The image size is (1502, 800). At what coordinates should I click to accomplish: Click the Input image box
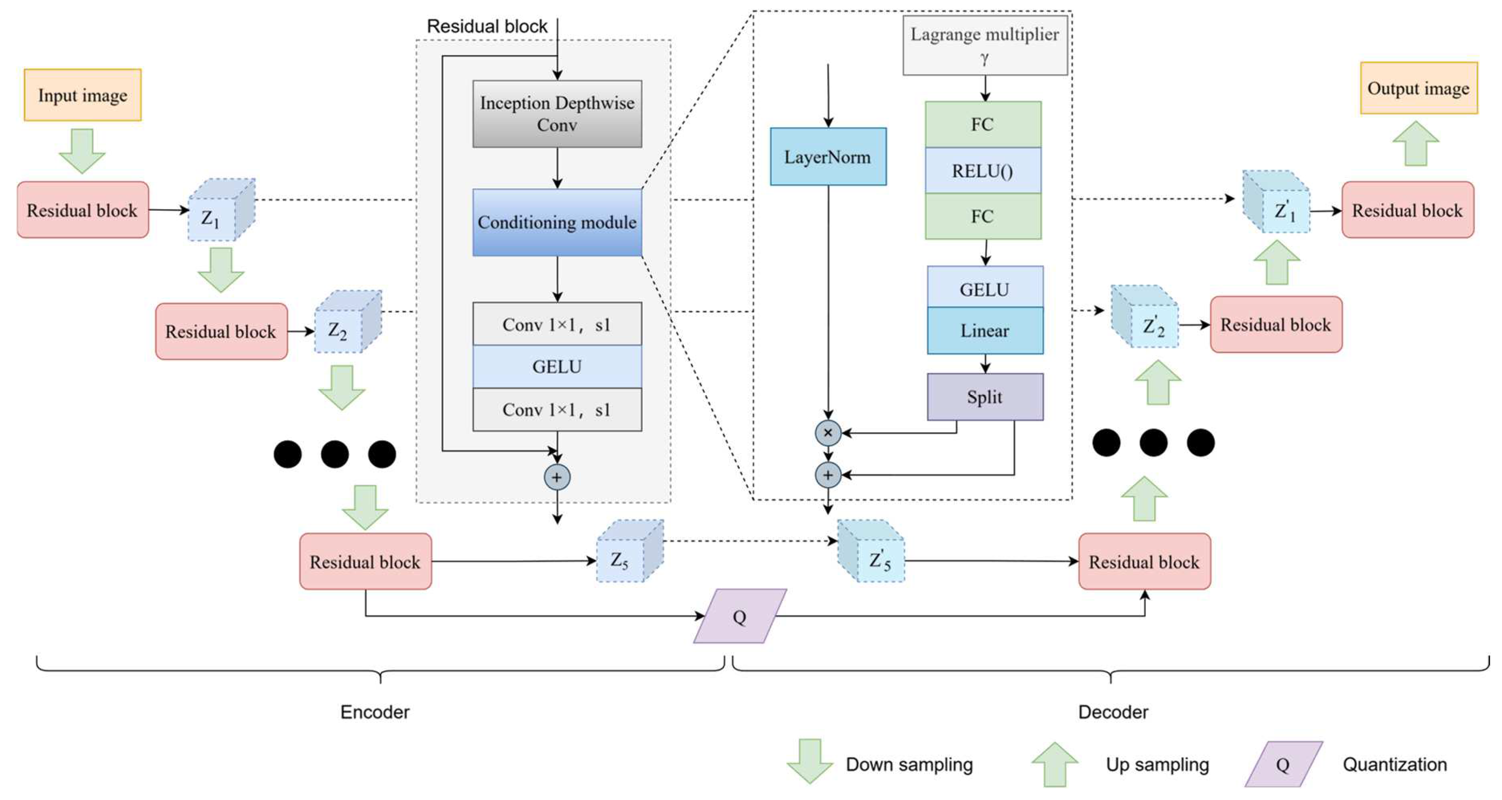coord(82,95)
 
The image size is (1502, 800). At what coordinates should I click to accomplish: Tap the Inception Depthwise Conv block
coord(557,113)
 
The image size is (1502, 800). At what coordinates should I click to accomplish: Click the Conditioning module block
coord(557,222)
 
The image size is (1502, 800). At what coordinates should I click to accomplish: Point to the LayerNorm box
coord(828,157)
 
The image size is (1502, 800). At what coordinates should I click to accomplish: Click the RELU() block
coord(983,170)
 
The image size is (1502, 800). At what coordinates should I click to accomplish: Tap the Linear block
coord(985,331)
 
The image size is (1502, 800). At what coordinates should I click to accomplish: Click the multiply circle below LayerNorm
coord(828,433)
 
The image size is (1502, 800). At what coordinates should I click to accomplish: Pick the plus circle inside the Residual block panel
coord(557,477)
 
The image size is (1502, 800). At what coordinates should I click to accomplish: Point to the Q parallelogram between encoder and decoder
coord(739,617)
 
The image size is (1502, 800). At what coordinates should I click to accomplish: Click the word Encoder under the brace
coord(375,712)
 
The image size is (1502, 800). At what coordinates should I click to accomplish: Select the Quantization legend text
coord(1395,765)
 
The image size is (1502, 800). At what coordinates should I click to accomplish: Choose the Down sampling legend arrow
coord(810,761)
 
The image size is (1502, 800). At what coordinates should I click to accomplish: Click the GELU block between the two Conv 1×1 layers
coord(557,366)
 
